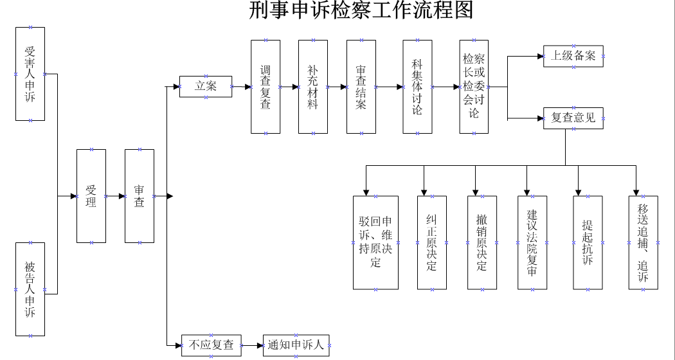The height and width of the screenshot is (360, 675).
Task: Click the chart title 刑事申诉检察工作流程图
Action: (361, 11)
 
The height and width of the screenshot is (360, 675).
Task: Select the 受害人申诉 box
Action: (30, 73)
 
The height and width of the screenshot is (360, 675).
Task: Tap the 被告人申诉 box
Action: (30, 289)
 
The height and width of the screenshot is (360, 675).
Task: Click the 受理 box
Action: (91, 195)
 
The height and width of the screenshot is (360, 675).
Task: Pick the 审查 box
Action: (139, 195)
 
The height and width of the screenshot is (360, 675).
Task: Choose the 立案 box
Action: (206, 87)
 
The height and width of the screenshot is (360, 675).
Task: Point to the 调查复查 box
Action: (265, 87)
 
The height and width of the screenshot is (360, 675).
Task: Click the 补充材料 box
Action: (313, 87)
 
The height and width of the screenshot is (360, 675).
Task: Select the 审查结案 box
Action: (361, 87)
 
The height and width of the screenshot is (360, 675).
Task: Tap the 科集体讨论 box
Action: (417, 87)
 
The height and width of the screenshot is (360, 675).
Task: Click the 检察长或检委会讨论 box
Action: (474, 87)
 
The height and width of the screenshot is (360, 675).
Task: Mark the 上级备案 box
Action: (573, 57)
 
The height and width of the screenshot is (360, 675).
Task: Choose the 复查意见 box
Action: (573, 118)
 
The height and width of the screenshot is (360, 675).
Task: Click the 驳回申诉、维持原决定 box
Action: (375, 242)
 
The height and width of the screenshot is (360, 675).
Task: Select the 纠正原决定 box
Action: (431, 242)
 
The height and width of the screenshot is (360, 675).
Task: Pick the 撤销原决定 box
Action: (482, 242)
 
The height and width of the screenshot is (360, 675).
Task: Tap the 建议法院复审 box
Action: (532, 242)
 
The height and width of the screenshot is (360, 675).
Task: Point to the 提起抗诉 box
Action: (588, 242)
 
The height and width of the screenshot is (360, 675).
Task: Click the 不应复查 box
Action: (212, 345)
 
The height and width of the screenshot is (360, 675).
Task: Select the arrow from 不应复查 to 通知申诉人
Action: (252, 345)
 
